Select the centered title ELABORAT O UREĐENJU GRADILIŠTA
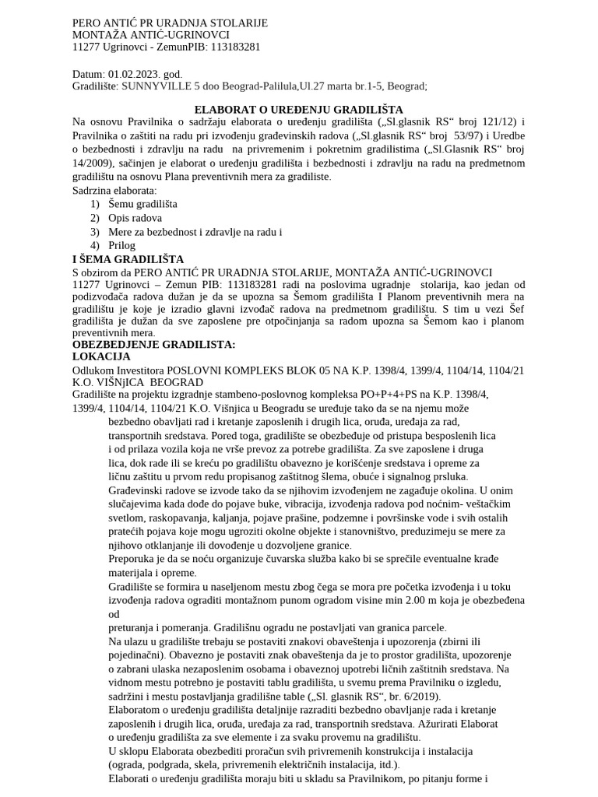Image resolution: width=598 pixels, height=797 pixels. point(298,111)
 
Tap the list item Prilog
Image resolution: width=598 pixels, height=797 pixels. point(122,245)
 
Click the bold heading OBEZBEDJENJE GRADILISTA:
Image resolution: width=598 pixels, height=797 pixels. point(153,344)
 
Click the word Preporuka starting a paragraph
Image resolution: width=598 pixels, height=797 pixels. point(134,560)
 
